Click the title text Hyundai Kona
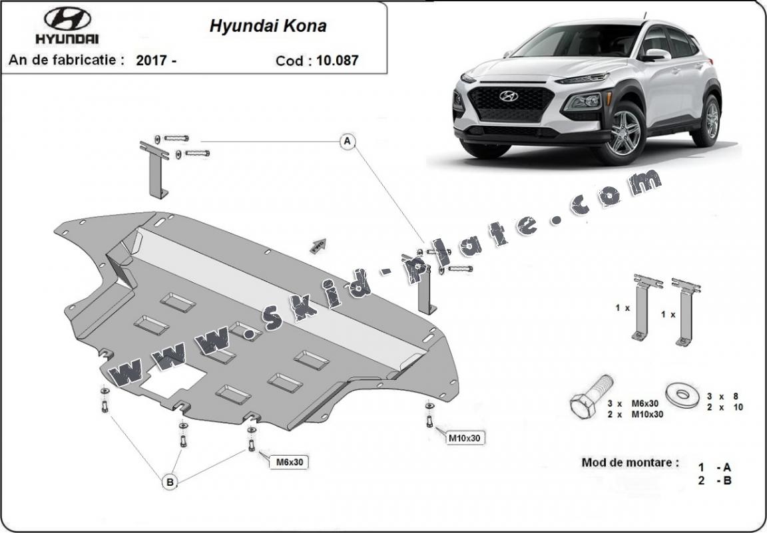click(268, 26)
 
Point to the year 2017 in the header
click(152, 60)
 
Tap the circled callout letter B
click(170, 482)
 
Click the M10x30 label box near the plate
click(465, 438)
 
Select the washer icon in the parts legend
click(682, 396)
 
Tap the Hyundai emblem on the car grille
click(509, 96)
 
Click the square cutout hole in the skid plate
click(174, 380)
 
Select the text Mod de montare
click(630, 462)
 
